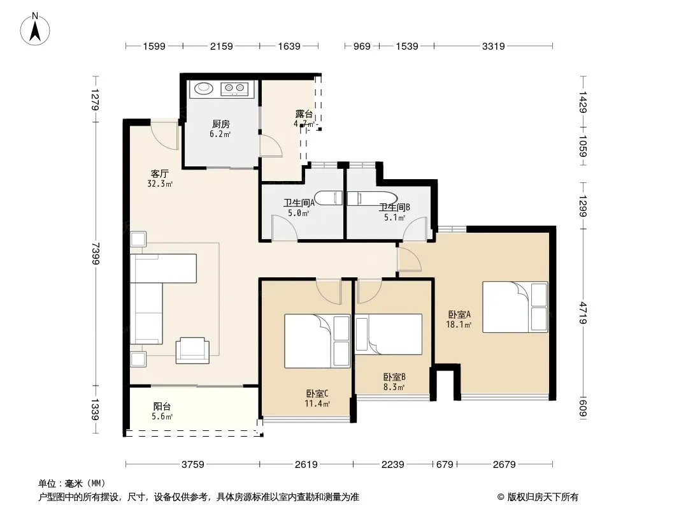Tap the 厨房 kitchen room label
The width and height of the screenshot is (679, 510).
(221, 124)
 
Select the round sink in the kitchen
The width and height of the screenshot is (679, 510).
(204, 89)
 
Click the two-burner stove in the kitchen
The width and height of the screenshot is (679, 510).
(234, 89)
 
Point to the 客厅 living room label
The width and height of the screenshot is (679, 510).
(159, 174)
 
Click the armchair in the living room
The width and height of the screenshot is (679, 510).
(192, 350)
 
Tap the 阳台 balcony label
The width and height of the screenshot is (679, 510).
(162, 407)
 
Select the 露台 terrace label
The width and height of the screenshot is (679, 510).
(304, 114)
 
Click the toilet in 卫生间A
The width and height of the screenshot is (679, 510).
(329, 198)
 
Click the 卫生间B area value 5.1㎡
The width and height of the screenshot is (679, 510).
(394, 217)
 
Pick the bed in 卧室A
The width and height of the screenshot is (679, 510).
(515, 307)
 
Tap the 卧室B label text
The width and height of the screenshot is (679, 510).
(394, 377)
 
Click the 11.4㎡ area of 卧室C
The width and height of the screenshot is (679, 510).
(317, 404)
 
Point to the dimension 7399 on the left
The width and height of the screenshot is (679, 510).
(96, 254)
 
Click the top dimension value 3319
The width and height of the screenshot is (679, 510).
(493, 46)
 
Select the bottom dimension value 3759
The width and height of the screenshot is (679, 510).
(193, 465)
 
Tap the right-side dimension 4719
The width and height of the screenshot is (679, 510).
(583, 313)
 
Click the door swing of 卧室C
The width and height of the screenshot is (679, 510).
(328, 291)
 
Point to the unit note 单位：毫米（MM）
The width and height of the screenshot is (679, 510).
(72, 484)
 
